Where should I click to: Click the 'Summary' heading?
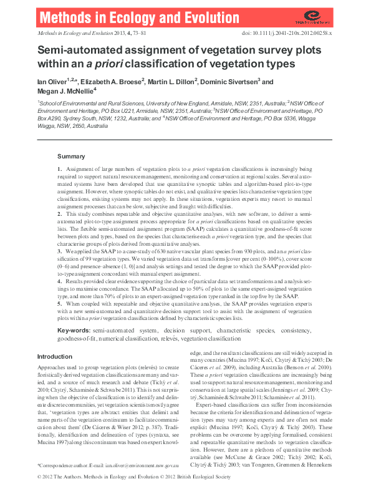pos(71,156)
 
